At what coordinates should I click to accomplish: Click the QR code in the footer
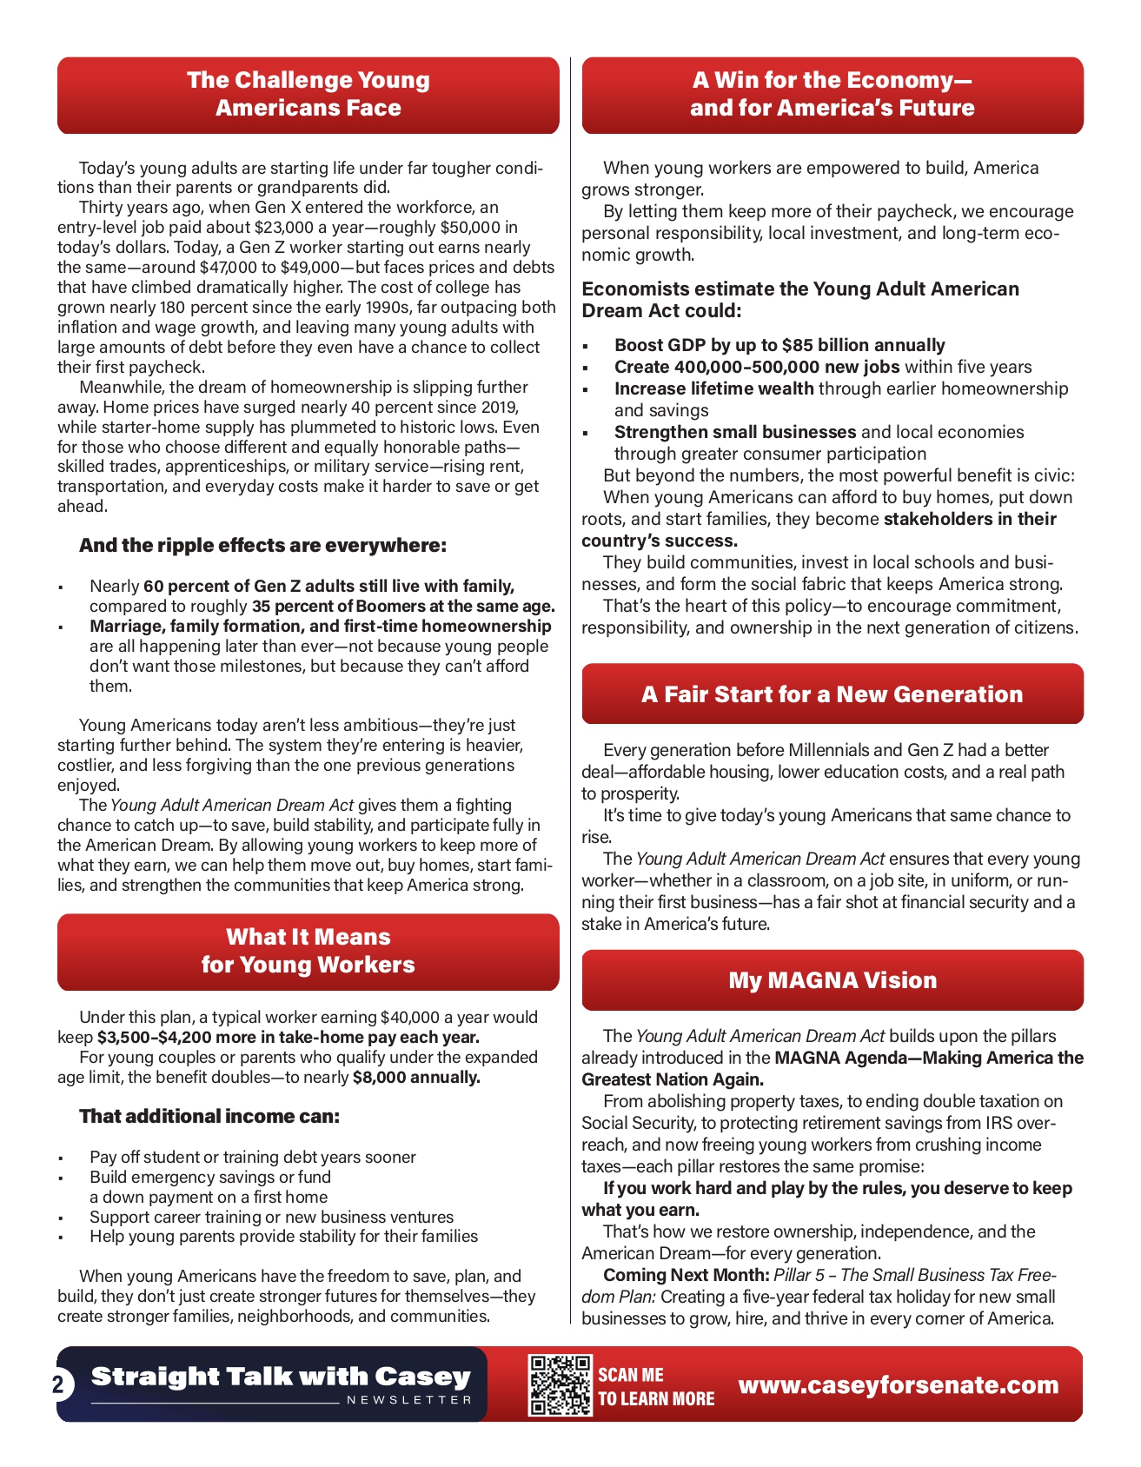pos(560,1385)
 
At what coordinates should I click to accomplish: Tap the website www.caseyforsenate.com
pos(899,1384)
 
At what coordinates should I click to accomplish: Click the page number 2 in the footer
pos(58,1384)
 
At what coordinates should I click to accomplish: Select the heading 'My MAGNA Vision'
pos(833,980)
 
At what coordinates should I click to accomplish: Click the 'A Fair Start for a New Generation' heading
pos(833,694)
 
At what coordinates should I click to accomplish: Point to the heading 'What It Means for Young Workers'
pos(308,951)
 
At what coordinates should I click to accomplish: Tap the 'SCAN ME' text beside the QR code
pos(631,1375)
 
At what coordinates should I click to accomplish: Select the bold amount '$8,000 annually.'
pos(416,1078)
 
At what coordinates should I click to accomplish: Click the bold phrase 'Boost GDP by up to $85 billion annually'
pos(779,345)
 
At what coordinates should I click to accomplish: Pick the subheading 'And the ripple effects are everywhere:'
pos(262,546)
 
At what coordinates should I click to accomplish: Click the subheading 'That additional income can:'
pos(209,1116)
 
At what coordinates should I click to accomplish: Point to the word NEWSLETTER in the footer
pos(409,1400)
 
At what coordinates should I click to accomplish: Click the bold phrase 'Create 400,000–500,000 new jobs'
pos(757,367)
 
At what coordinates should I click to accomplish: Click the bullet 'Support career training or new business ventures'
pos(271,1217)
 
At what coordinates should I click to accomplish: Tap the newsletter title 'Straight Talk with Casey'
pos(281,1377)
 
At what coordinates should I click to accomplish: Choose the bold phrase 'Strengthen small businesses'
pos(735,432)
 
